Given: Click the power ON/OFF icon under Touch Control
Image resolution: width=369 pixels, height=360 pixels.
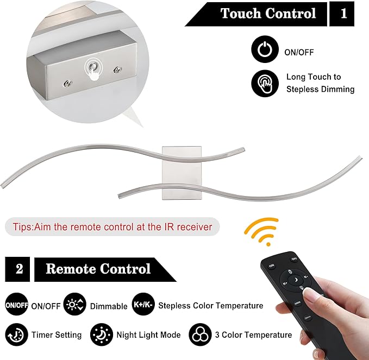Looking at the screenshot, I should (265, 51).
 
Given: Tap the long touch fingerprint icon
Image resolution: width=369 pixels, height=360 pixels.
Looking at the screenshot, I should (265, 83).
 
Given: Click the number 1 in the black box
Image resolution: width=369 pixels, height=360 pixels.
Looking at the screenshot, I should (343, 14).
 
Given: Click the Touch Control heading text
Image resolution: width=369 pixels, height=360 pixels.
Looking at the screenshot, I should (268, 14).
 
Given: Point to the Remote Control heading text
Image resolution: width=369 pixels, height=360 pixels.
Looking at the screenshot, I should (98, 269).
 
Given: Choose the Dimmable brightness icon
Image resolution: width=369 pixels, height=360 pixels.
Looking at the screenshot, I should (74, 306).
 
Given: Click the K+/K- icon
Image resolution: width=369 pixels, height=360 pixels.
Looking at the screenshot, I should (143, 306).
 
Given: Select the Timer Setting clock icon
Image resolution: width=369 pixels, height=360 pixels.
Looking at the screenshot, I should (17, 334).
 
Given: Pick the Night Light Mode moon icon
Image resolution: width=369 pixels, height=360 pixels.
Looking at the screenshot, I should (102, 334).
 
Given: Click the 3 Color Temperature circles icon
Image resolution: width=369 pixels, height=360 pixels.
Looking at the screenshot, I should (201, 334).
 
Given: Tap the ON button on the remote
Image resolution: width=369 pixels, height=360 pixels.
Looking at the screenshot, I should (271, 266).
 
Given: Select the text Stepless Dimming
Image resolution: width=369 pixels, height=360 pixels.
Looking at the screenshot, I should (320, 89).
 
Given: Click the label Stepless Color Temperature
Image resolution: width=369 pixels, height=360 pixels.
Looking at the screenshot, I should (211, 306).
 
